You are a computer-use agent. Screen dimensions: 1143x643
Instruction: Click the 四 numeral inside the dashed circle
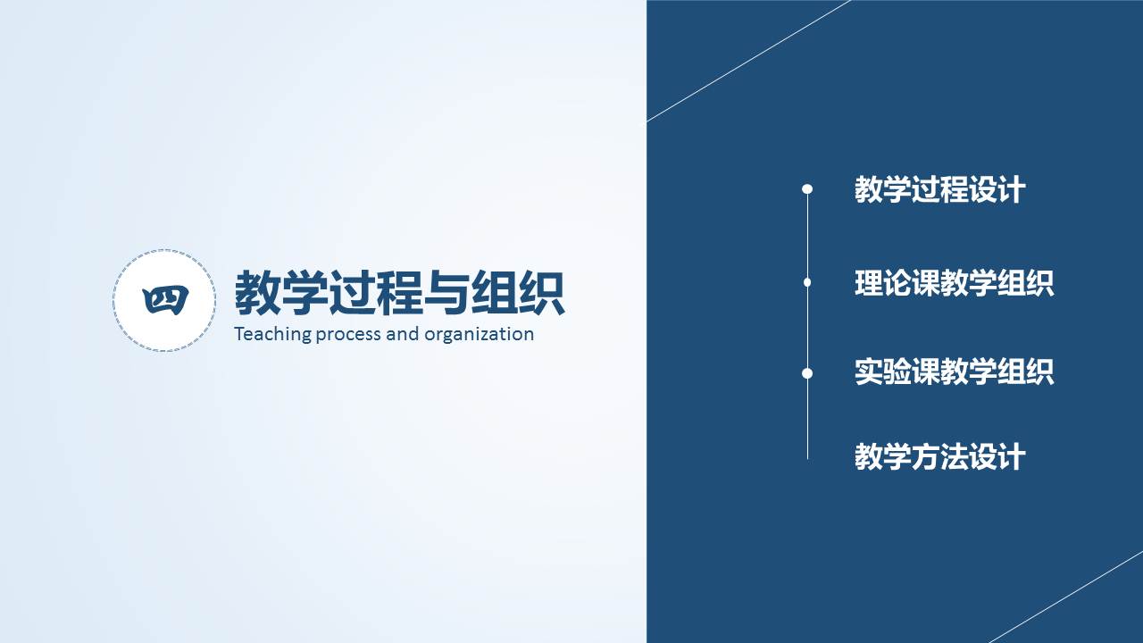point(165,300)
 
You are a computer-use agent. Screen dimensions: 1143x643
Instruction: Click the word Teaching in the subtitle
point(272,335)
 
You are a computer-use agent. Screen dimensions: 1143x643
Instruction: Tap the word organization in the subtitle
point(480,335)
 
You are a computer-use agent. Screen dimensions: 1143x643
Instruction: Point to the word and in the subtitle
point(403,334)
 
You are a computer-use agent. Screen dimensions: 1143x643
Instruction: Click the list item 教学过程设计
point(940,190)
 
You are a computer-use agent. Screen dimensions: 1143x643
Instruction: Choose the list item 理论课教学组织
point(955,283)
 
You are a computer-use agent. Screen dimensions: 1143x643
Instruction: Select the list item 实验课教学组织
point(955,372)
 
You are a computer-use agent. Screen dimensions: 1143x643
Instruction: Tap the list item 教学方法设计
point(940,456)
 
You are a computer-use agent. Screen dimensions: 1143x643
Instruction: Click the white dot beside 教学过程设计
point(807,189)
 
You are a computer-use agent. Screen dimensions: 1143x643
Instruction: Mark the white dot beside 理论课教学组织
point(807,282)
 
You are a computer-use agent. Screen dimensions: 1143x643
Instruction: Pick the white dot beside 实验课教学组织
point(807,373)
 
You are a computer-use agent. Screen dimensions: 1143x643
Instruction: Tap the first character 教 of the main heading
point(258,294)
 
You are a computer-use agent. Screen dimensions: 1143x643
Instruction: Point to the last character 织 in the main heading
point(541,294)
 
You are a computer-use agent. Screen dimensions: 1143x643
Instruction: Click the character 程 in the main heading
point(399,294)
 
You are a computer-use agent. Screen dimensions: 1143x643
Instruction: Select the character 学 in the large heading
point(305,294)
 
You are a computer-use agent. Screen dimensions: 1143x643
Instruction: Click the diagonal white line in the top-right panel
point(748,61)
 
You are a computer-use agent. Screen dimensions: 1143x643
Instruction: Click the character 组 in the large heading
point(494,294)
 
